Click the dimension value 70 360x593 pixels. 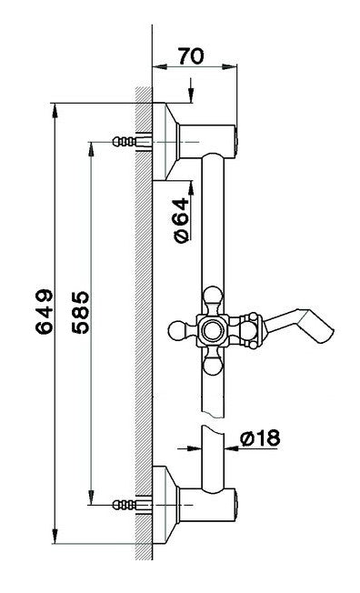191,56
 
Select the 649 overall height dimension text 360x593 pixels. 44,312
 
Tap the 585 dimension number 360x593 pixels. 81,312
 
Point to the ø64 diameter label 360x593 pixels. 181,220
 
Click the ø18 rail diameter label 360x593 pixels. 261,438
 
